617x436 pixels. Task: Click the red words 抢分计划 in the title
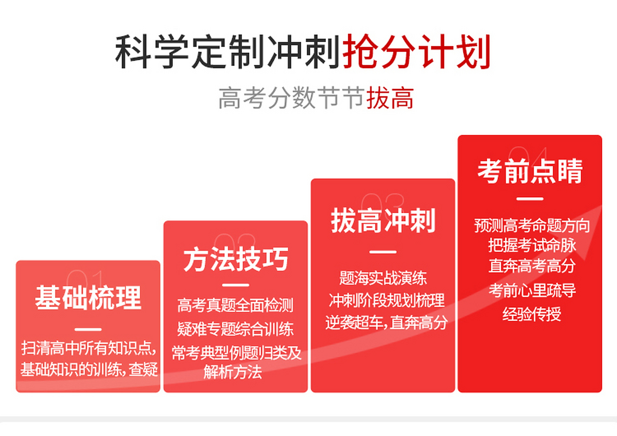click(x=416, y=52)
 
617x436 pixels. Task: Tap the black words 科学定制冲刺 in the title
click(x=228, y=52)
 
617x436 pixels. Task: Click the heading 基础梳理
click(x=88, y=298)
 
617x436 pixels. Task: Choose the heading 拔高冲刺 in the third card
click(x=383, y=221)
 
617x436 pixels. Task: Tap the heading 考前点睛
click(x=530, y=171)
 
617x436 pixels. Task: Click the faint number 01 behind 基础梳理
click(x=85, y=278)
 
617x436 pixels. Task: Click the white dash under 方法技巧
click(x=235, y=285)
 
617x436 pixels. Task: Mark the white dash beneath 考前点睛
click(x=530, y=199)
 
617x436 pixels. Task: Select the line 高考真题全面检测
click(x=235, y=305)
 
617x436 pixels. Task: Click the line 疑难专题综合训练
click(x=235, y=329)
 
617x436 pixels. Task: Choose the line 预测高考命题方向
click(x=531, y=225)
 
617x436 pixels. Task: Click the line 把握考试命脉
click(x=531, y=245)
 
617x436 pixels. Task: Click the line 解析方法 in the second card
click(x=233, y=372)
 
